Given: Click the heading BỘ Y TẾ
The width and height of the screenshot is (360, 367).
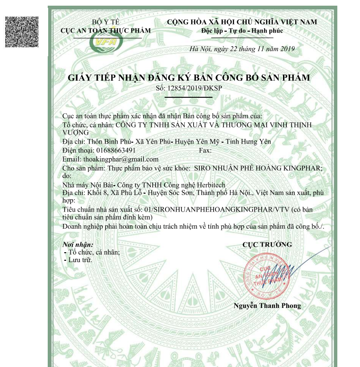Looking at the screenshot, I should pyautogui.click(x=106, y=22).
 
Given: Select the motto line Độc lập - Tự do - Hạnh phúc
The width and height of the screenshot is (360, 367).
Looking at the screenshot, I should pyautogui.click(x=242, y=31).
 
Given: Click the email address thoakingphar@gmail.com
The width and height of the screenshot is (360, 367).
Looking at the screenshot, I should pyautogui.click(x=120, y=159).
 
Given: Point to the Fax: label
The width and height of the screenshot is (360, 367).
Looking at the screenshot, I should pyautogui.click(x=206, y=150).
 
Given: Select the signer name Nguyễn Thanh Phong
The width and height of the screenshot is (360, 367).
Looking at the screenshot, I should pyautogui.click(x=267, y=306).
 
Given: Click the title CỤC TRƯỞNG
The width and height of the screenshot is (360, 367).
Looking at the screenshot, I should pyautogui.click(x=267, y=245).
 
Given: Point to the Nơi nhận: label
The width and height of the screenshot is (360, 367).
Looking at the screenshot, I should pyautogui.click(x=78, y=245).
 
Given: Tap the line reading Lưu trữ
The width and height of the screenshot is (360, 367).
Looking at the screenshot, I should pyautogui.click(x=80, y=259).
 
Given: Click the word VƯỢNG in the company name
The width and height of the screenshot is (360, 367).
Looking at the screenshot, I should pyautogui.click(x=76, y=133).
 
